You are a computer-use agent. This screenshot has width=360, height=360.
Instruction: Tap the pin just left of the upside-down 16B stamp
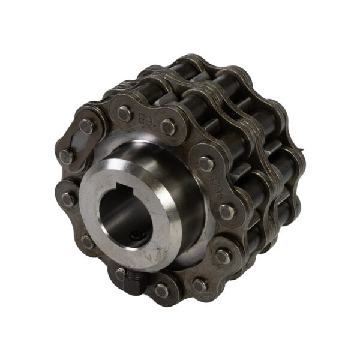click(124, 113)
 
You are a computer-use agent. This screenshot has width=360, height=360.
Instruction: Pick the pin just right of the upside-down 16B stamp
click(167, 127)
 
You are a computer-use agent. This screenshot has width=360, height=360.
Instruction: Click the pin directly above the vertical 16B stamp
click(206, 164)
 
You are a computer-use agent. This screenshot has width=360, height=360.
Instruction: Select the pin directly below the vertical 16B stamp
click(227, 212)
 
